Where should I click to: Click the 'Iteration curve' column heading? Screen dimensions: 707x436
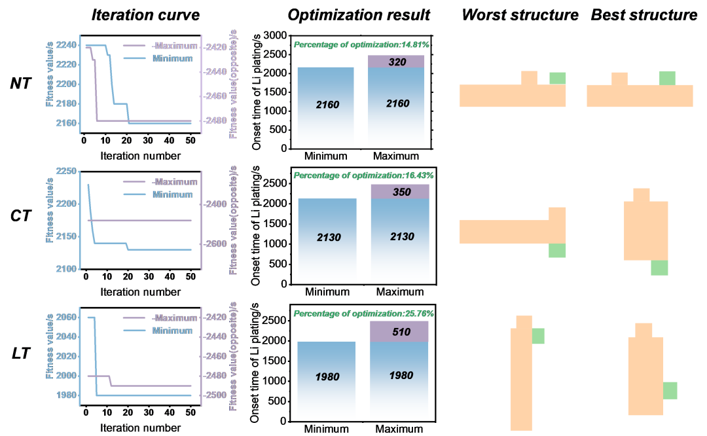click(x=145, y=15)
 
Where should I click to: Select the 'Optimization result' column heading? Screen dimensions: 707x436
click(x=359, y=15)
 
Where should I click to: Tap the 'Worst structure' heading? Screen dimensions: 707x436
click(x=520, y=15)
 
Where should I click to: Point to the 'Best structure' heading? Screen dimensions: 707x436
click(x=644, y=15)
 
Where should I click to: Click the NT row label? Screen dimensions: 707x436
click(x=21, y=83)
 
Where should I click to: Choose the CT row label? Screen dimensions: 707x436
click(x=21, y=216)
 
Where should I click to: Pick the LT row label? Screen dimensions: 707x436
click(x=21, y=354)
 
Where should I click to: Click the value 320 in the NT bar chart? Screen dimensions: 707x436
click(x=397, y=62)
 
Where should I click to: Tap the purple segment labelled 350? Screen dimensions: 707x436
click(x=400, y=192)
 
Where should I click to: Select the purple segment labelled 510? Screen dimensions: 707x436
click(x=399, y=331)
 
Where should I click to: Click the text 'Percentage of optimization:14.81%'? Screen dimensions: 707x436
click(x=361, y=45)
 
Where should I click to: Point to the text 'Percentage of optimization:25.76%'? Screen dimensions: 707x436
click(x=364, y=314)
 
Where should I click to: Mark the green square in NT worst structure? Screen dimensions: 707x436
click(x=557, y=79)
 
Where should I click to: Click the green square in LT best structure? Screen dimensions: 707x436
click(x=670, y=390)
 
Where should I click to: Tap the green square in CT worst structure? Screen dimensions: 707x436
click(x=557, y=250)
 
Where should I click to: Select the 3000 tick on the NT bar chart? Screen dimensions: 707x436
click(x=275, y=35)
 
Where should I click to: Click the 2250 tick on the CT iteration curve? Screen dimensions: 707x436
click(x=66, y=172)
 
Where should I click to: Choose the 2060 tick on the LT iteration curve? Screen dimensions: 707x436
click(x=66, y=318)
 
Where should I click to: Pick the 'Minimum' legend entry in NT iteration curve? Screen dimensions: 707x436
click(x=172, y=59)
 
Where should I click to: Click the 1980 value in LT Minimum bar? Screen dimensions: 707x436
click(x=327, y=376)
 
